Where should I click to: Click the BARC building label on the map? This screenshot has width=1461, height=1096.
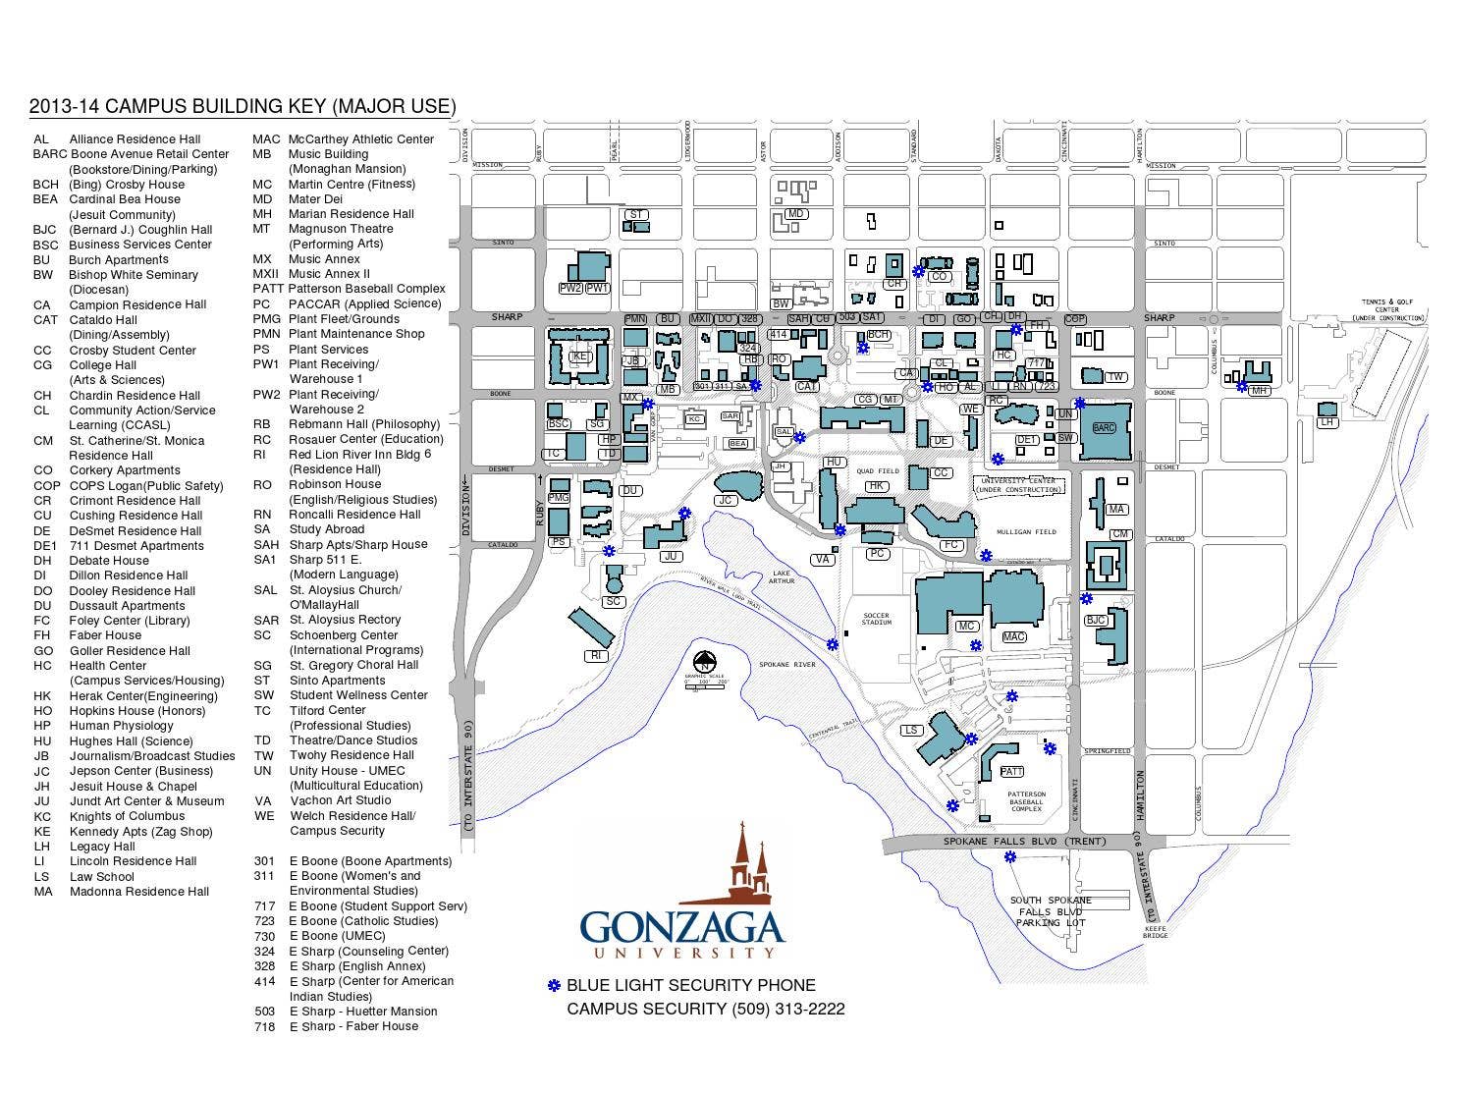pos(1104,428)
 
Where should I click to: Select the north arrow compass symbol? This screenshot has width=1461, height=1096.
pos(704,662)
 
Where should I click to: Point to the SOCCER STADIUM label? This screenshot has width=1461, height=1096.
pos(876,619)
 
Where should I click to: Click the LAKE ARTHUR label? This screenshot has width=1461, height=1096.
pos(782,576)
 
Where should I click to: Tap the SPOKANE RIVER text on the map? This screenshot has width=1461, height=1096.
pos(787,665)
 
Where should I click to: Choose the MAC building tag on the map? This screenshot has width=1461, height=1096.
pos(1013,637)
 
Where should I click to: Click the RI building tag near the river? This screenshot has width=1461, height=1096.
pos(594,655)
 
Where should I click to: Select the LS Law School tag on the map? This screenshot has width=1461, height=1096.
pos(912,730)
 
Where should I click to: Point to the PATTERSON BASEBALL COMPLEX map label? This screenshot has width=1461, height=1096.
pos(1026,800)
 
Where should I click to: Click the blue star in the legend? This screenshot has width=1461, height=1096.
pos(554,985)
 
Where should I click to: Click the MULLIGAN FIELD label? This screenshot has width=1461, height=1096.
pos(1026,531)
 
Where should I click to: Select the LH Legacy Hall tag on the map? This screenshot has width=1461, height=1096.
pos(1327,422)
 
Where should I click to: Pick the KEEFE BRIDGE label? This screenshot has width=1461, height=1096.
pos(1156,931)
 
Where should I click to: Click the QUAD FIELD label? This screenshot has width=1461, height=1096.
pos(878,471)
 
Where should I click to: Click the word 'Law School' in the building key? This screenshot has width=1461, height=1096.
pos(101,877)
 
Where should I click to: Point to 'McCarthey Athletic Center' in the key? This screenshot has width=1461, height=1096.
pos(361,139)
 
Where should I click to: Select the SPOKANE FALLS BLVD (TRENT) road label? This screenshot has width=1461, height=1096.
pos(1024,842)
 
